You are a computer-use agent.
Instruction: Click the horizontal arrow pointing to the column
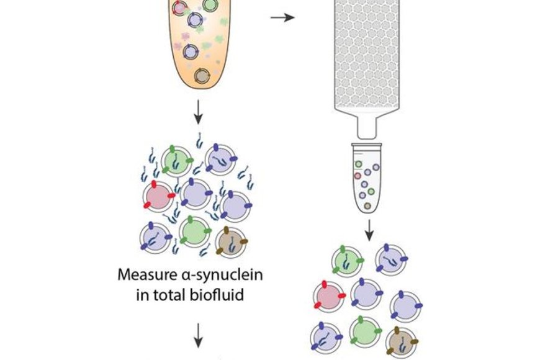tap(282, 18)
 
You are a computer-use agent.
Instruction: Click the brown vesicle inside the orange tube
tap(201, 76)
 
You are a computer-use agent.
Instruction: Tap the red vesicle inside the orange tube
tap(179, 7)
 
